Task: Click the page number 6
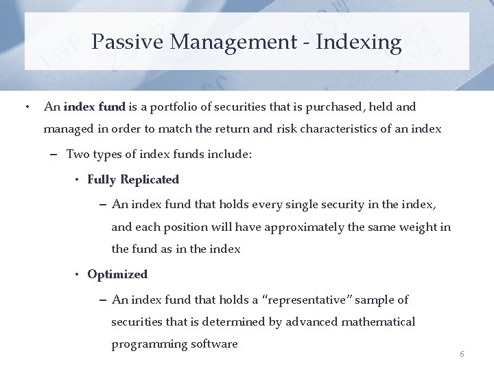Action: pos(462,354)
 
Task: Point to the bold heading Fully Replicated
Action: pos(133,180)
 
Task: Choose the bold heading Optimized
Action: pos(117,274)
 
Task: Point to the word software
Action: pos(215,344)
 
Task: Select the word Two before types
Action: pos(77,155)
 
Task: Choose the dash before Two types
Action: pos(54,155)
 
